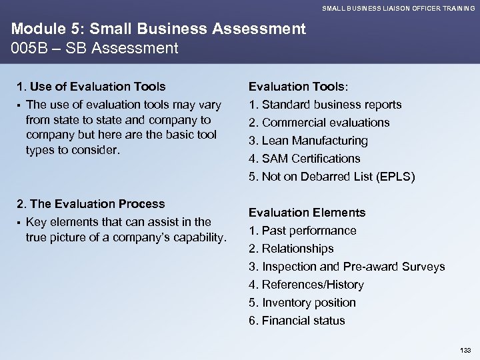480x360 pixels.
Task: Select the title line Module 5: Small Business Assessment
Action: pyautogui.click(x=157, y=29)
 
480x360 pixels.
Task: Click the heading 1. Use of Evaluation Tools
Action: pyautogui.click(x=91, y=86)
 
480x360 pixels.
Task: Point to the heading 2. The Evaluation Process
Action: pyautogui.click(x=91, y=203)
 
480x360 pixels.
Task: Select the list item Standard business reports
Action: pyautogui.click(x=331, y=105)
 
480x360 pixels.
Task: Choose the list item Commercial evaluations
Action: pyautogui.click(x=325, y=123)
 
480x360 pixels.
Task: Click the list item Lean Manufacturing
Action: pyautogui.click(x=314, y=141)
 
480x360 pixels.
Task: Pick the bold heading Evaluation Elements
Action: pyautogui.click(x=307, y=213)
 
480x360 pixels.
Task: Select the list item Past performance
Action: pyautogui.click(x=309, y=231)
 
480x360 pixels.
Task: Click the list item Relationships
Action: pyautogui.click(x=297, y=249)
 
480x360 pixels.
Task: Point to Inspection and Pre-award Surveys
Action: pyautogui.click(x=353, y=267)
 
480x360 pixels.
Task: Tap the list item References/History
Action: pyautogui.click(x=313, y=285)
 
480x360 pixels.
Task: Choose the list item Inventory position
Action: pyautogui.click(x=309, y=303)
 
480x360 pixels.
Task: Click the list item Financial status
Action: pyautogui.click(x=303, y=321)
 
